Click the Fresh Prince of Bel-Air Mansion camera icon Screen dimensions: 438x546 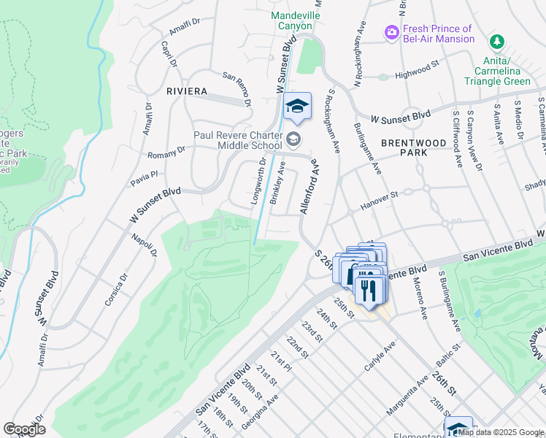(x=392, y=31)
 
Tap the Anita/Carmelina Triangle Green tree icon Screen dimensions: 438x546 (x=497, y=41)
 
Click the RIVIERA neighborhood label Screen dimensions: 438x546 (x=187, y=91)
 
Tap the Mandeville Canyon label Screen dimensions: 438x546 (x=295, y=20)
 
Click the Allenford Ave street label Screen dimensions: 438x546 (x=309, y=188)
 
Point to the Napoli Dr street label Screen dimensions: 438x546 (x=145, y=245)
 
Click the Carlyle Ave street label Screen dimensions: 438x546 (x=382, y=354)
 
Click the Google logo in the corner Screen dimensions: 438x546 (x=24, y=429)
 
